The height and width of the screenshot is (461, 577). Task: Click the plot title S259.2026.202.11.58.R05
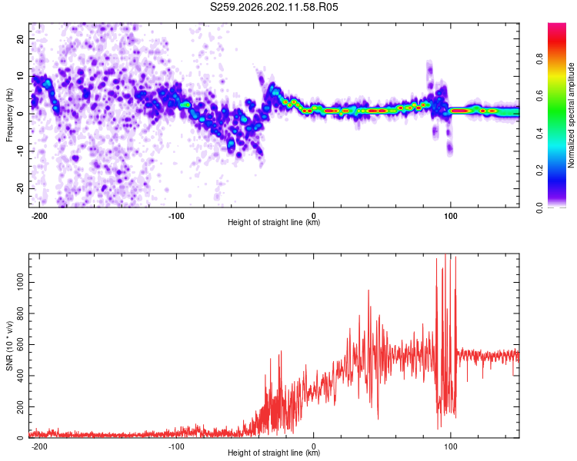pyautogui.click(x=274, y=7)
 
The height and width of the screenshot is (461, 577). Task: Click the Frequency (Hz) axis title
pyautogui.click(x=9, y=115)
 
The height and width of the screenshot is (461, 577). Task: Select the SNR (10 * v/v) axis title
pyautogui.click(x=9, y=346)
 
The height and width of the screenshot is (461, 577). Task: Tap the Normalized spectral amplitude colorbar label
pyautogui.click(x=571, y=115)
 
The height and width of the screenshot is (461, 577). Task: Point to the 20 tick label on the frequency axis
pyautogui.click(x=20, y=39)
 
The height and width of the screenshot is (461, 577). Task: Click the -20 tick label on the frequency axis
pyautogui.click(x=20, y=188)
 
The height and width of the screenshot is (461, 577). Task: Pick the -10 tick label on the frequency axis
pyautogui.click(x=20, y=151)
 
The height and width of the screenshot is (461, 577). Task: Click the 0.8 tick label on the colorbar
pyautogui.click(x=539, y=59)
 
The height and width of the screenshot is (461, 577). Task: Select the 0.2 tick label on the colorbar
pyautogui.click(x=539, y=171)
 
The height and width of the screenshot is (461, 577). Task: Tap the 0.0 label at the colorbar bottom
pyautogui.click(x=539, y=207)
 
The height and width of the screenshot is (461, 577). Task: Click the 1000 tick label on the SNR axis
pyautogui.click(x=20, y=282)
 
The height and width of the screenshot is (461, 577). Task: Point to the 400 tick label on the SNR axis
pyautogui.click(x=20, y=376)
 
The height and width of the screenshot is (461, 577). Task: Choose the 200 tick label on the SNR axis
pyautogui.click(x=20, y=407)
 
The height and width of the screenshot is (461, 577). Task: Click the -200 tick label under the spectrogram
pyautogui.click(x=38, y=216)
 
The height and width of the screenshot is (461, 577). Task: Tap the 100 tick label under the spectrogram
pyautogui.click(x=450, y=216)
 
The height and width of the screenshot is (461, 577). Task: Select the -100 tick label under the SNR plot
pyautogui.click(x=176, y=446)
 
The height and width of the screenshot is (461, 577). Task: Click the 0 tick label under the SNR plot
pyautogui.click(x=314, y=446)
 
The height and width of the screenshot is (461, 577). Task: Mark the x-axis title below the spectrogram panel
pyautogui.click(x=274, y=222)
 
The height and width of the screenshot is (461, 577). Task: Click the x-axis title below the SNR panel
pyautogui.click(x=274, y=453)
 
